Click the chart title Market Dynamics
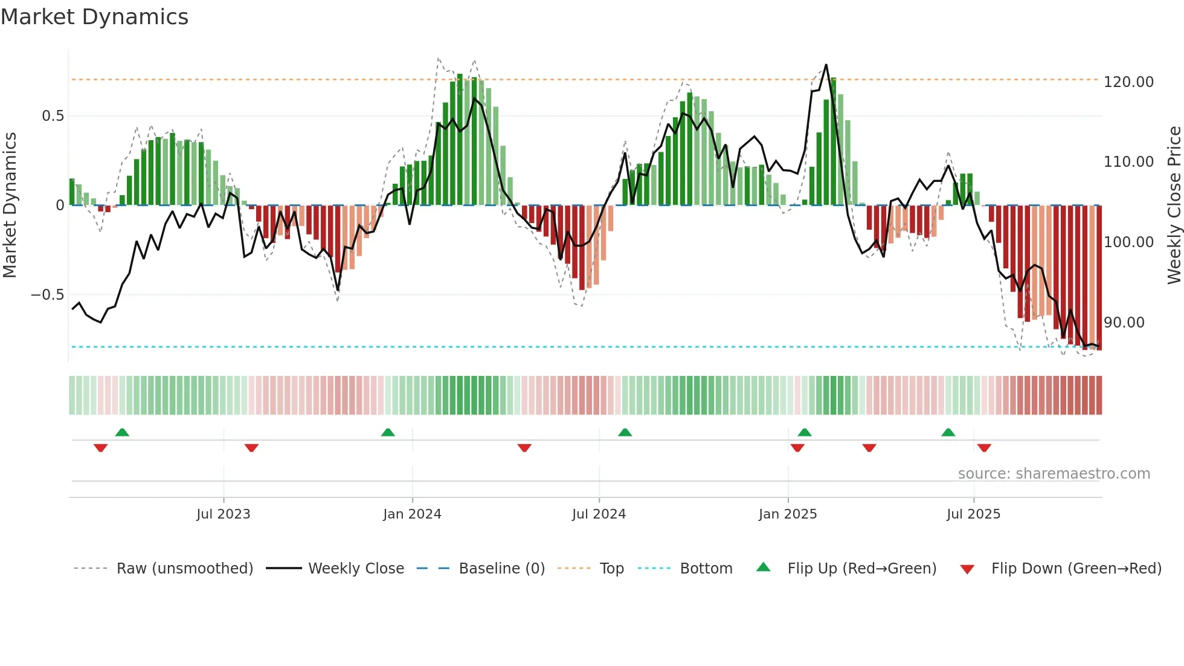tap(94, 17)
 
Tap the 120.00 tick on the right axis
tap(1128, 82)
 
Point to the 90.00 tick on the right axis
tap(1124, 322)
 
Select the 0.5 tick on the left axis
tap(53, 115)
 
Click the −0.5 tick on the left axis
tap(47, 295)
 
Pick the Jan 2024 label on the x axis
tap(412, 514)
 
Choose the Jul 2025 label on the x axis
tap(973, 514)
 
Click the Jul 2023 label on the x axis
tap(223, 514)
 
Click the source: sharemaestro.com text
tap(1054, 473)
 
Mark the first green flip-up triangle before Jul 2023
tap(122, 432)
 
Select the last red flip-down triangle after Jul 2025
tap(984, 448)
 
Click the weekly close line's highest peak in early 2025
tap(826, 65)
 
